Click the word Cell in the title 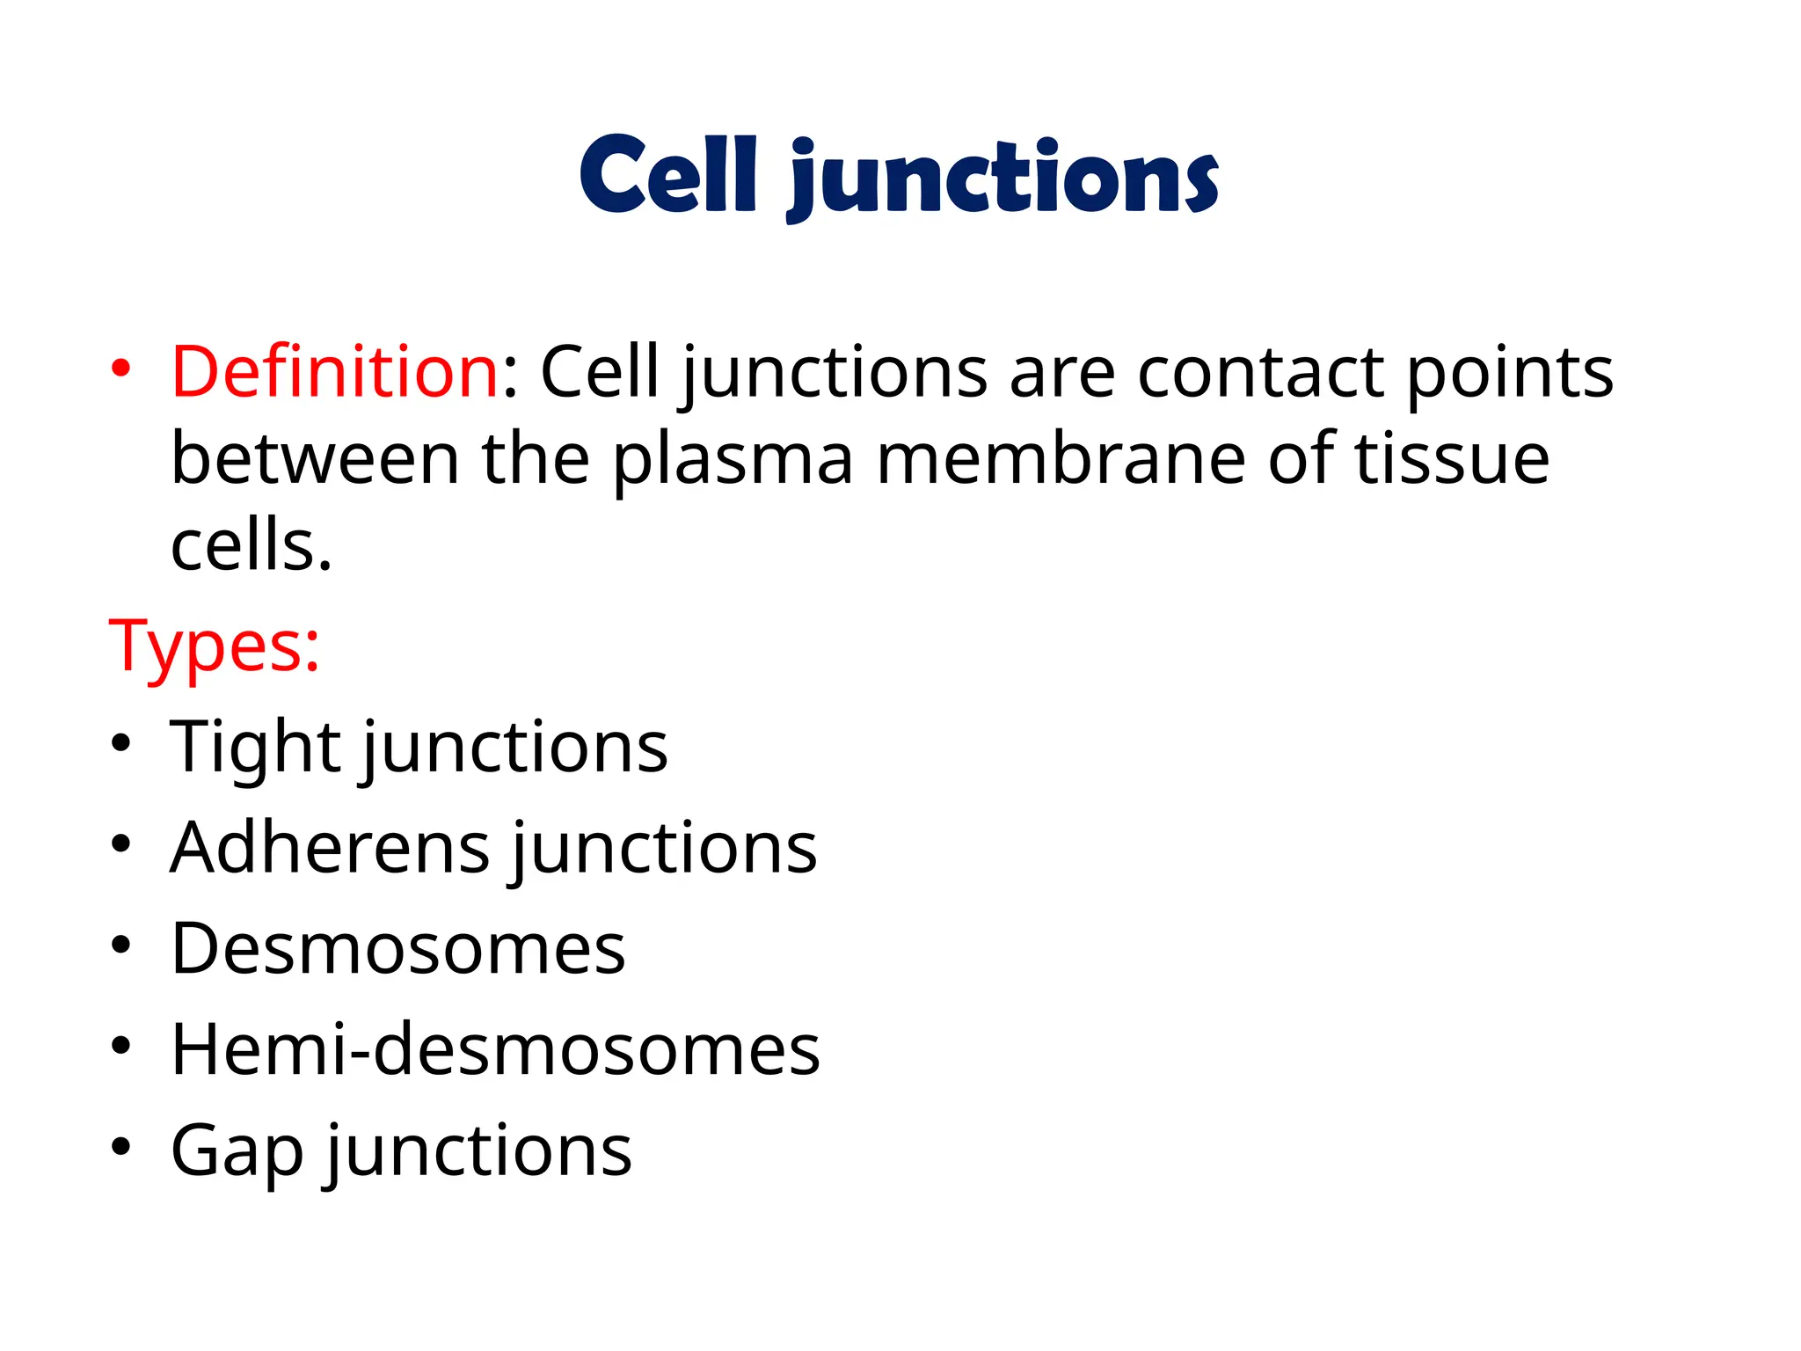tap(668, 175)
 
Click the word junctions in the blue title tap(1003, 179)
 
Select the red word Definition tap(335, 371)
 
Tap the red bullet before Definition tap(120, 367)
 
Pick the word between tap(315, 459)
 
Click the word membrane tap(1061, 459)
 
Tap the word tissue tap(1452, 459)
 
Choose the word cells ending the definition tap(252, 545)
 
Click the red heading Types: tap(214, 647)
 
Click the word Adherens tap(330, 848)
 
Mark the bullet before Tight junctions tap(120, 743)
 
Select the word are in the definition tap(1062, 373)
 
